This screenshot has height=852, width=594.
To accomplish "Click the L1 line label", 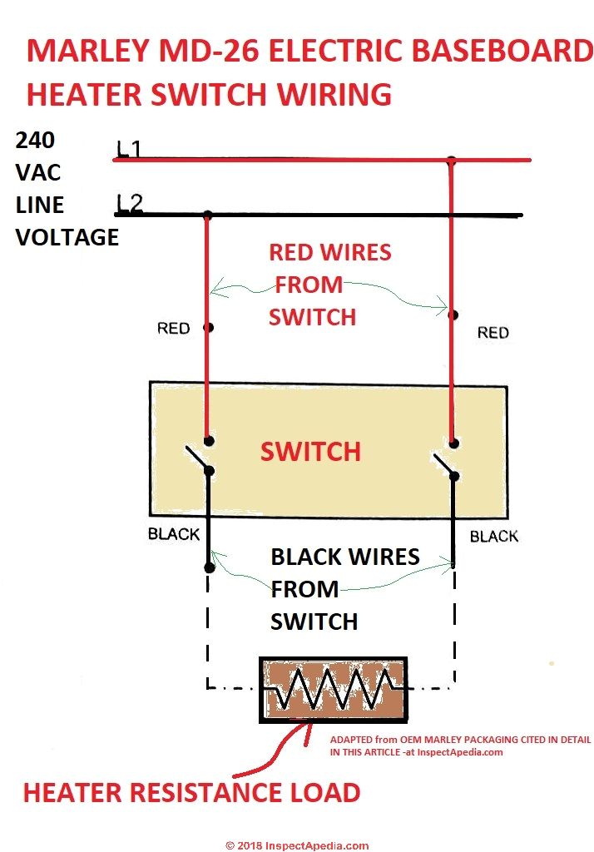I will coord(129,149).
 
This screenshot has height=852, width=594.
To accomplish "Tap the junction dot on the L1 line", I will coord(451,160).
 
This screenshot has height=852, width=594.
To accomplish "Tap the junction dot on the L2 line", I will coord(207,215).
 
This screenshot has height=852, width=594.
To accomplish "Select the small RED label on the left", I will coord(173,329).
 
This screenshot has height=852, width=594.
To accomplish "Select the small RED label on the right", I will coord(493,333).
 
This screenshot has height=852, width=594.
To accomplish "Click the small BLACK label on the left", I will coord(174,534).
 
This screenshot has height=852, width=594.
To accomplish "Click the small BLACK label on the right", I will coord(494,537).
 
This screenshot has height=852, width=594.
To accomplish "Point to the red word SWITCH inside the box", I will coord(310,452).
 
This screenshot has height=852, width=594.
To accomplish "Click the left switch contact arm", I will coord(196,458).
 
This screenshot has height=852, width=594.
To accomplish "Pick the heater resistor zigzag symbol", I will coord(334,688).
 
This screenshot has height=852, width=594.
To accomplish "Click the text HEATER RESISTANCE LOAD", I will coord(191,792).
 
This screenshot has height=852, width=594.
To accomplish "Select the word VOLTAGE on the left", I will coord(67,237).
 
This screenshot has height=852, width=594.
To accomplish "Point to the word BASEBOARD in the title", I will coord(509,52).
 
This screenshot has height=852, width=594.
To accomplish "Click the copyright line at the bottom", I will coord(297,845).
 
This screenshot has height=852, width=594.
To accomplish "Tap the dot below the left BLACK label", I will coord(209,568).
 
